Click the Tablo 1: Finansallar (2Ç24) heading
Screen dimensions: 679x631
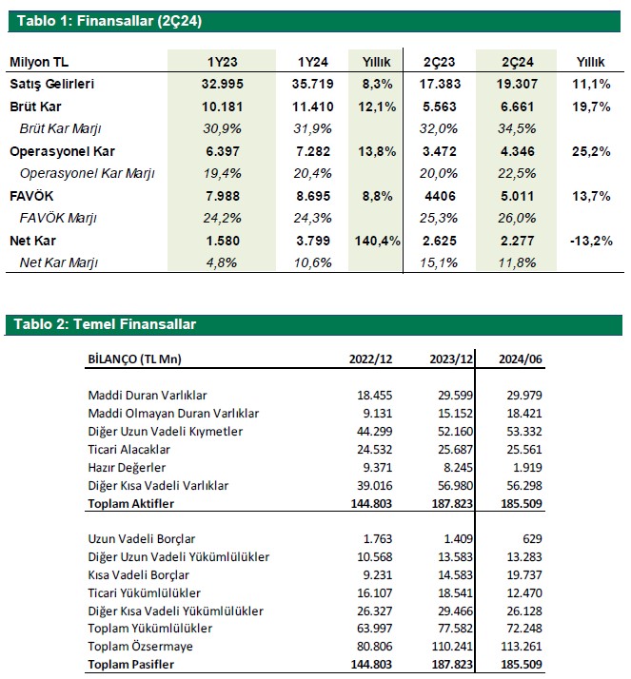[x=107, y=20]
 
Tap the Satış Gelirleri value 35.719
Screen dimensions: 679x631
[x=311, y=85]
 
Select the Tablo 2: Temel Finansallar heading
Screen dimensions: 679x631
[x=105, y=325]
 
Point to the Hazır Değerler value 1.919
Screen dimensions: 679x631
[x=529, y=467]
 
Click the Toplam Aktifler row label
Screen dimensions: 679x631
[x=132, y=503]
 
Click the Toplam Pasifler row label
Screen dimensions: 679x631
[x=132, y=665]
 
